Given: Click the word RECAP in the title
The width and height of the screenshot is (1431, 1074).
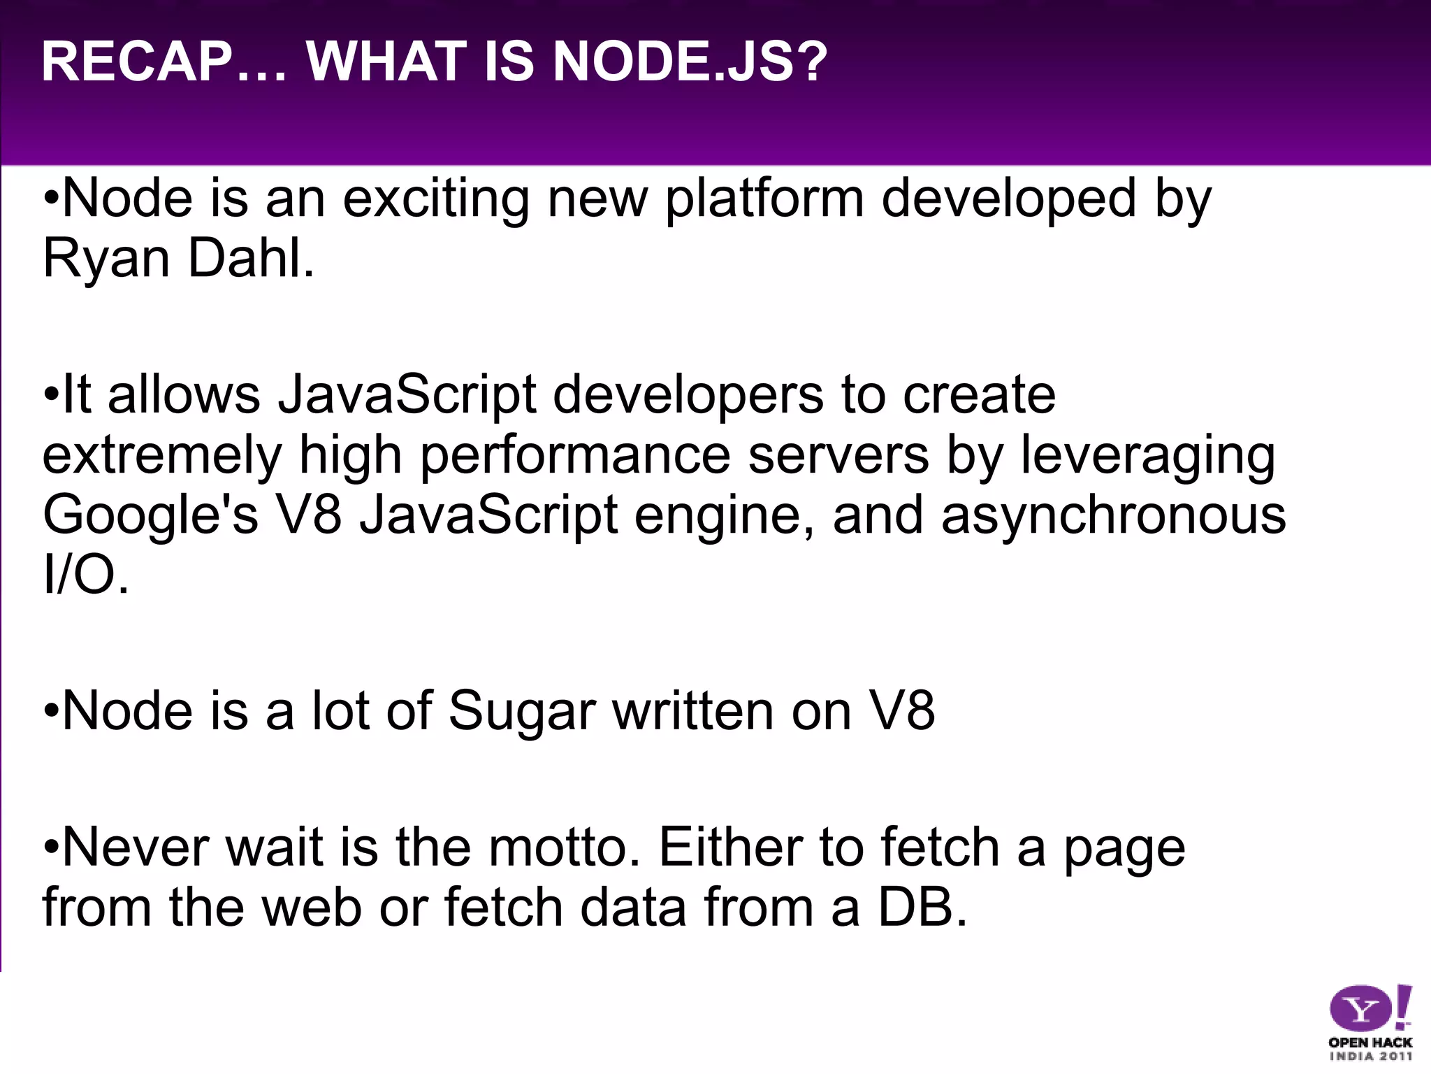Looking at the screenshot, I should coord(137,62).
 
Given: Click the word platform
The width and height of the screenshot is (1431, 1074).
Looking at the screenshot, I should coord(764,199).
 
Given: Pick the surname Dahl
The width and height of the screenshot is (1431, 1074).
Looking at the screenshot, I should coord(251,258).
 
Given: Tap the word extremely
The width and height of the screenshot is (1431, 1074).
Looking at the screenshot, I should coord(161,457).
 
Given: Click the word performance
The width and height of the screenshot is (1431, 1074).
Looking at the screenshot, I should coord(575,457).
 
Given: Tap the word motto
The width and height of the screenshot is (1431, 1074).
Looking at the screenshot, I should coord(563,847).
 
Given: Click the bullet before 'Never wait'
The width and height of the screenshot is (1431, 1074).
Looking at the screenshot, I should coord(51,847).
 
